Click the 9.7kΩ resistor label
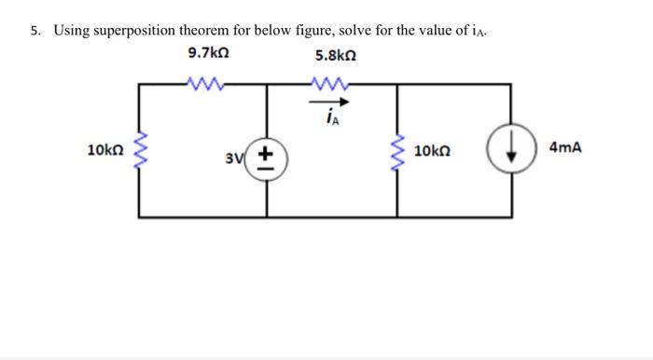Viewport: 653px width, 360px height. (208, 53)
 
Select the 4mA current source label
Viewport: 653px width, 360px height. (566, 147)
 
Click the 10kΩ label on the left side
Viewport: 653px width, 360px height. (102, 149)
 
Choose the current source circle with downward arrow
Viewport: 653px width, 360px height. (509, 151)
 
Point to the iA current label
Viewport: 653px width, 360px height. (332, 116)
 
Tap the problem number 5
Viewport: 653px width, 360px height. (34, 30)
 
